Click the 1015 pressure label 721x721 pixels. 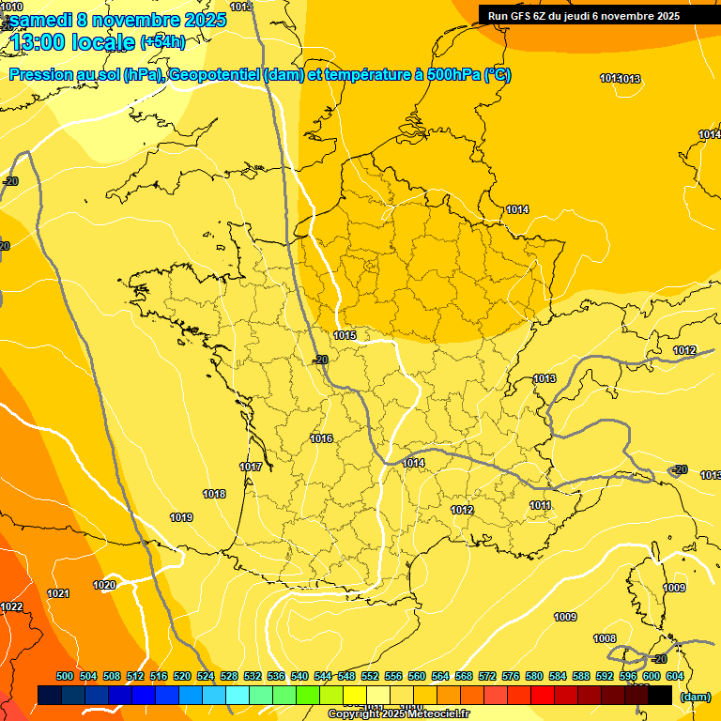click(x=345, y=335)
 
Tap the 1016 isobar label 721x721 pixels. click(x=321, y=438)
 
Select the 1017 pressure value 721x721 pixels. click(x=251, y=467)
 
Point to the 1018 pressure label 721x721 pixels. click(x=214, y=494)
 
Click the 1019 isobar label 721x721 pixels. click(x=181, y=517)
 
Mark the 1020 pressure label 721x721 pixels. click(x=104, y=585)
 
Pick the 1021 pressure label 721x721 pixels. click(x=58, y=593)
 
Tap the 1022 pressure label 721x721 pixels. click(x=11, y=607)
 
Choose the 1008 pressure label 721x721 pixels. click(x=605, y=638)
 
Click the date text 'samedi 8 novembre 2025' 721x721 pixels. click(x=117, y=20)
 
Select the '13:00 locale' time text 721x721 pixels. click(x=73, y=41)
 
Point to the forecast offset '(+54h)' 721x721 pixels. click(x=162, y=42)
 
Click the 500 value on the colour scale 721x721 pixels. click(x=65, y=676)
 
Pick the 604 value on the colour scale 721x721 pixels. click(x=674, y=676)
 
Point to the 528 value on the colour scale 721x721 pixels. click(x=229, y=676)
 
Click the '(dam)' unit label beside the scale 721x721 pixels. click(x=696, y=697)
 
